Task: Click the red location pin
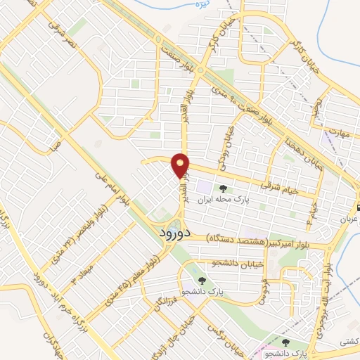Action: click(181, 165)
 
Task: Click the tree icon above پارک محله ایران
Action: click(224, 188)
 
